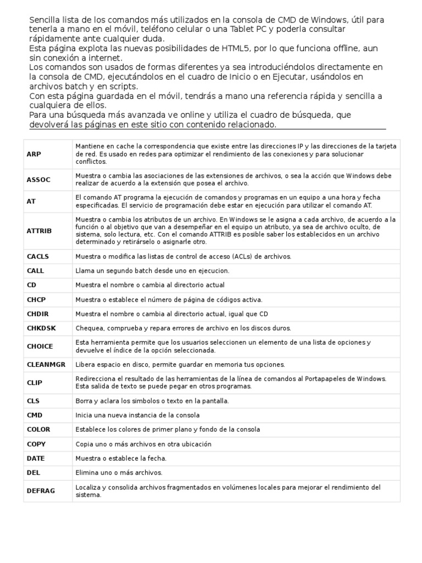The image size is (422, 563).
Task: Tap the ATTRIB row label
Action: (39, 231)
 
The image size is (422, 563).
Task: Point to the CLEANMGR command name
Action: (46, 365)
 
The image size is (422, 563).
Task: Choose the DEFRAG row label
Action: (41, 490)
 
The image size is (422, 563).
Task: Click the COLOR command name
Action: (38, 429)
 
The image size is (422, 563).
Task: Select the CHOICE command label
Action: (40, 346)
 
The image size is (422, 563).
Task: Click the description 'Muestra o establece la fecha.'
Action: (121, 458)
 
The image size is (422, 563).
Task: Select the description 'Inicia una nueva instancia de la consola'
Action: (137, 415)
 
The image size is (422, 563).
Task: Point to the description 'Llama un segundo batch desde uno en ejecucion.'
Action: (152, 271)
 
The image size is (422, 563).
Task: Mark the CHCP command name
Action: (36, 300)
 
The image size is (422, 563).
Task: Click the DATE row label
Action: (36, 458)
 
